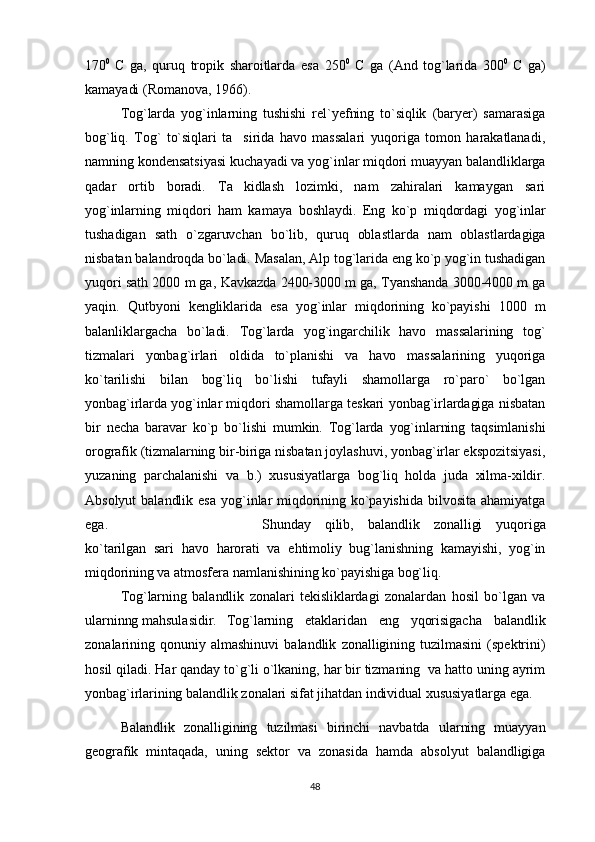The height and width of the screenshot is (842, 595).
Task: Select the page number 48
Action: [x=316, y=812]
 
